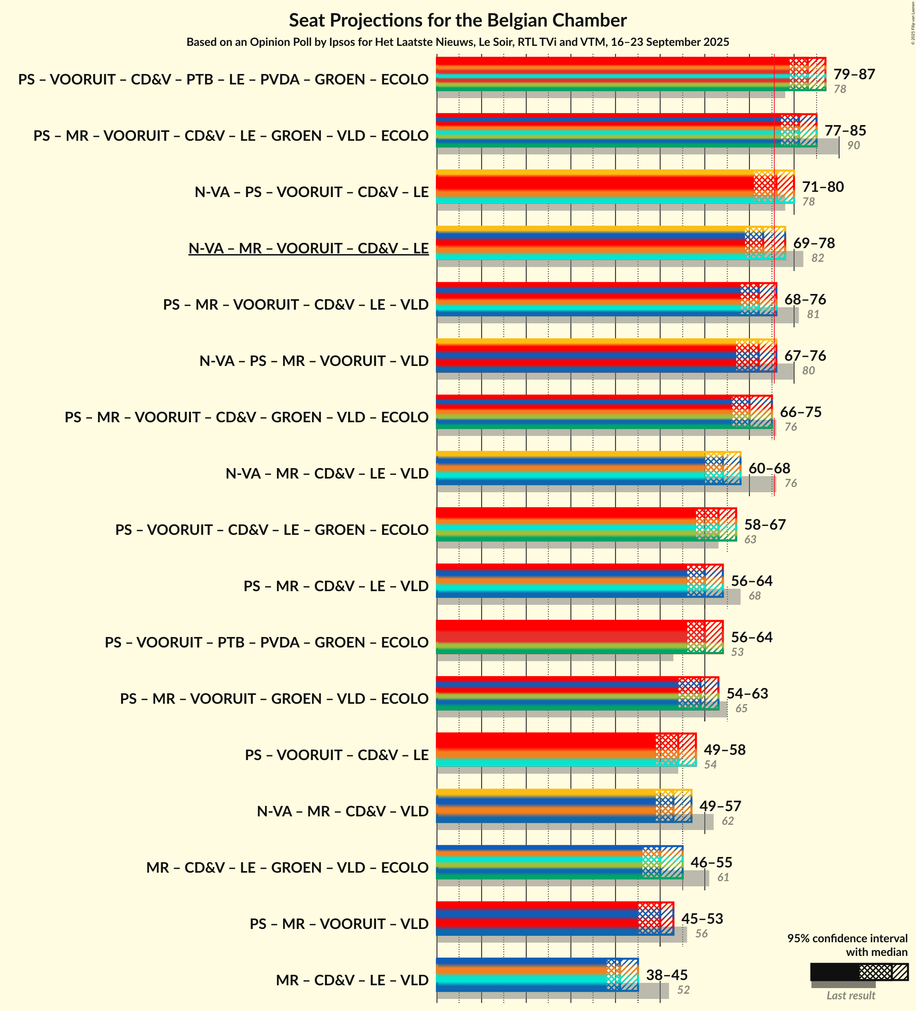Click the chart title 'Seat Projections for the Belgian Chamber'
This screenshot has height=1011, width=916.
(457, 21)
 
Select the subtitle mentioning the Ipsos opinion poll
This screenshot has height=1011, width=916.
(457, 42)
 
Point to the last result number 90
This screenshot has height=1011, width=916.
(853, 146)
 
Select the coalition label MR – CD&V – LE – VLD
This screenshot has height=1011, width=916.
(352, 980)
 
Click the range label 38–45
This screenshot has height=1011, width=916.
(666, 975)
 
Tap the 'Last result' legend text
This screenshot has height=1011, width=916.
(850, 995)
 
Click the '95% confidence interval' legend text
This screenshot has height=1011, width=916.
(847, 938)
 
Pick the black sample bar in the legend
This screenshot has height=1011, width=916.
(834, 972)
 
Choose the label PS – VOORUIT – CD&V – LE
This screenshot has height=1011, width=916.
(337, 755)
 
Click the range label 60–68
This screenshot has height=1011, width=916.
(769, 469)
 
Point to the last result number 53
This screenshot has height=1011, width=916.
(737, 652)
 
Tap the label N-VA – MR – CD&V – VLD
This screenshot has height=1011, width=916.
(343, 812)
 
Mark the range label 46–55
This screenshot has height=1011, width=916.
(711, 863)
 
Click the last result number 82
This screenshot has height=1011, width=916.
(817, 258)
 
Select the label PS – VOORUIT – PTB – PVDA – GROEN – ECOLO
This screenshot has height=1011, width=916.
(266, 642)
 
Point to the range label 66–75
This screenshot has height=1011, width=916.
(800, 412)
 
